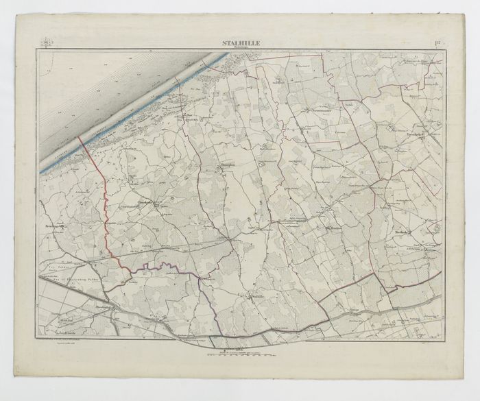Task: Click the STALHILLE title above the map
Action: click(x=240, y=45)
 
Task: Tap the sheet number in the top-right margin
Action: click(x=437, y=45)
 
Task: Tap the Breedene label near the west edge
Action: click(x=53, y=226)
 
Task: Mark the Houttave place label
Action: click(x=335, y=229)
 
